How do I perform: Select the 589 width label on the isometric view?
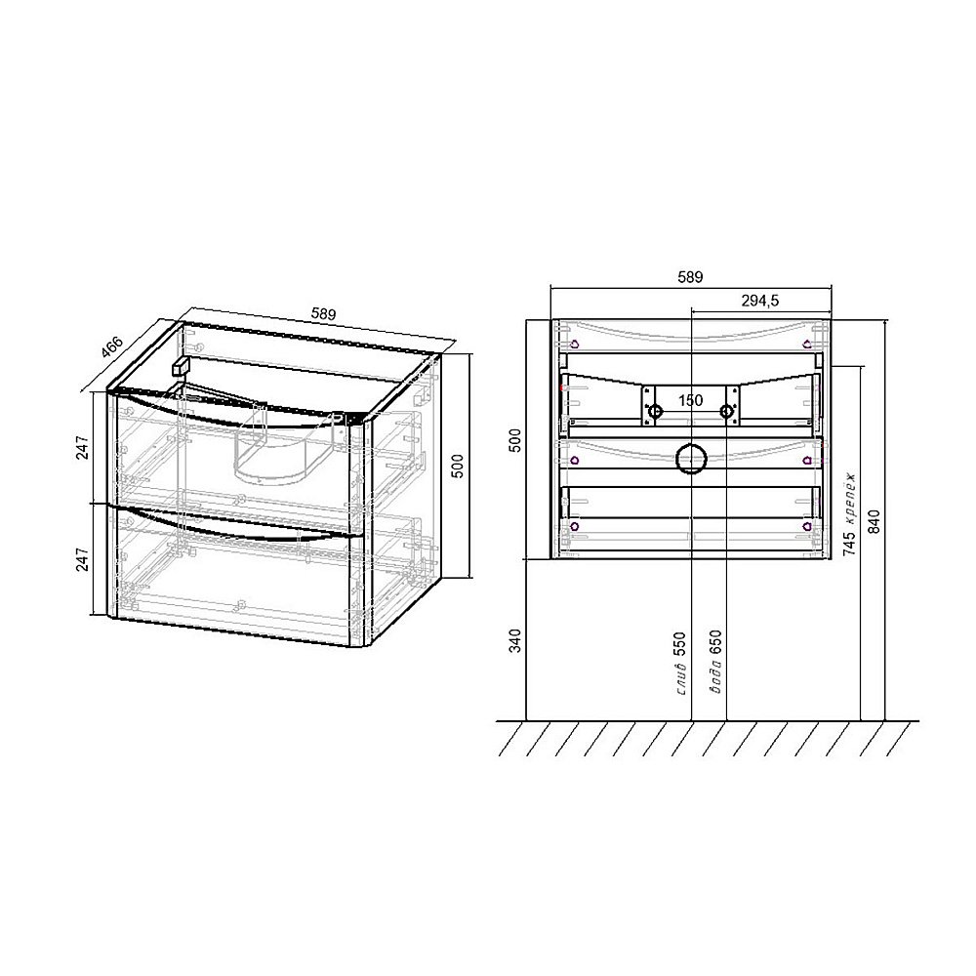tap(324, 314)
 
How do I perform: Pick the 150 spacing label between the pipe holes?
tap(690, 400)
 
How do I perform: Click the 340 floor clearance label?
tap(516, 640)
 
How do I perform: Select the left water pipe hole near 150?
tap(655, 412)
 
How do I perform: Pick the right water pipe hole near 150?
tap(727, 412)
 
